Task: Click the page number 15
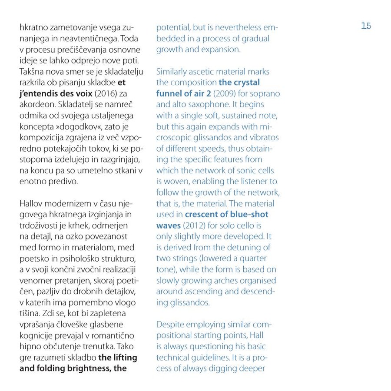click(366, 26)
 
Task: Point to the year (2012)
click(194, 225)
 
